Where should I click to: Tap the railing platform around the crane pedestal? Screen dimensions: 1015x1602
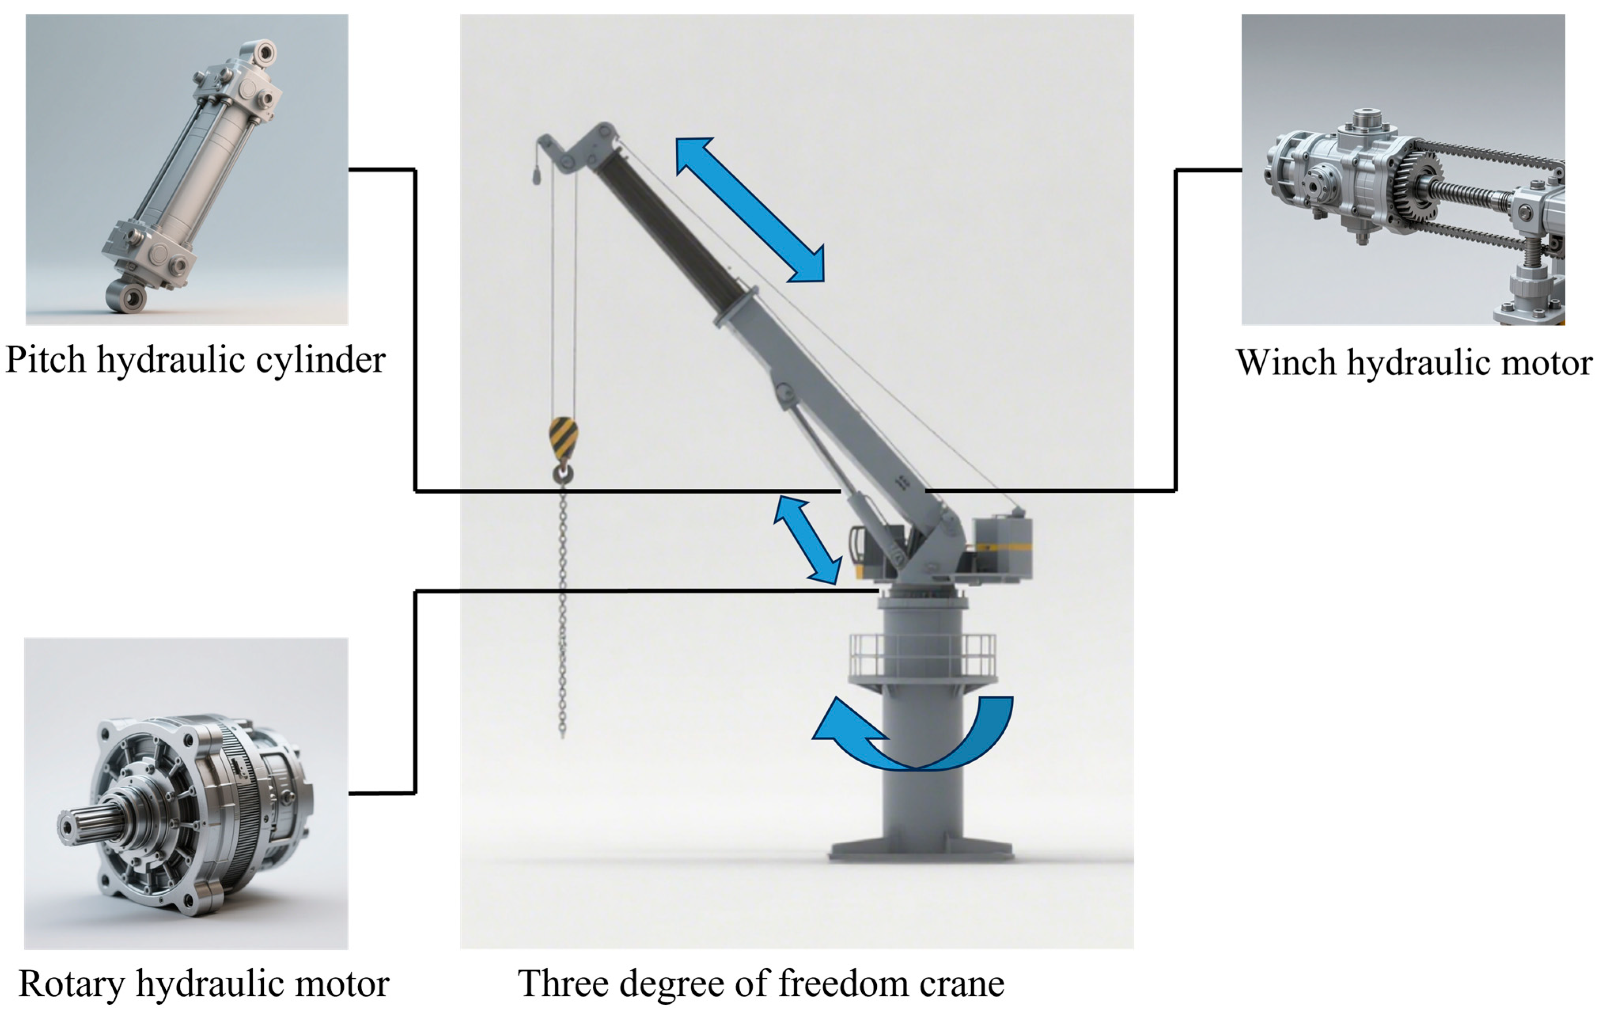pos(922,656)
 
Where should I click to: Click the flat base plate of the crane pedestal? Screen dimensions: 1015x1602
pos(921,852)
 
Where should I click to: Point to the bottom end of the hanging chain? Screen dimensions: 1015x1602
pos(563,732)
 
